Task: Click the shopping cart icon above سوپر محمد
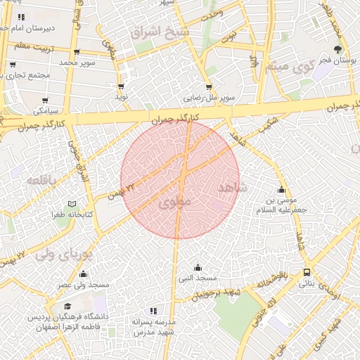[76, 52]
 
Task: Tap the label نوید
[121, 97]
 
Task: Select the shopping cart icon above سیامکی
[45, 101]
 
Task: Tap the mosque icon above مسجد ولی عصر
[84, 274]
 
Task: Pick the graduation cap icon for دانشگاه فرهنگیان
[67, 307]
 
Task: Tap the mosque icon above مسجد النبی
[198, 267]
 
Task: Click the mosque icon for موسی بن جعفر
[281, 189]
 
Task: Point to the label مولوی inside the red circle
[176, 202]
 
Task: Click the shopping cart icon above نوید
[121, 86]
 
